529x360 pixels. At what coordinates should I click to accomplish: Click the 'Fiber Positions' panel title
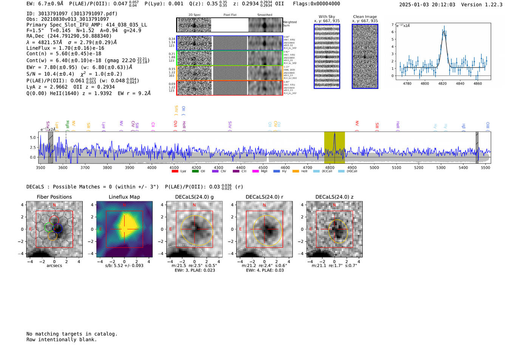pos(54,197)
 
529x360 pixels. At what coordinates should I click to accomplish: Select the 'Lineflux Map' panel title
pos(124,197)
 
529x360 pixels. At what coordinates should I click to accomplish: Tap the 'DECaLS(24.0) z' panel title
pos(334,197)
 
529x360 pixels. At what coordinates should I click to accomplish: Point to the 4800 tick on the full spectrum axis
pos(330,167)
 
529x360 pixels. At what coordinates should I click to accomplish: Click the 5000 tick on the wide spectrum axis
pos(374,167)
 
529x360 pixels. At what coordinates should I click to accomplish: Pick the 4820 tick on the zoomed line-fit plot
pos(442,83)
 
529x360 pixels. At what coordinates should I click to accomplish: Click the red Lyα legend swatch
pos(175,171)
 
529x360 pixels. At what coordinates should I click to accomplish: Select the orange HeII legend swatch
pos(295,171)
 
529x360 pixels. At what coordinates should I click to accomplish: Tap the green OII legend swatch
pos(195,171)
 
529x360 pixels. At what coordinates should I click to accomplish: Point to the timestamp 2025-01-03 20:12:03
pos(427,5)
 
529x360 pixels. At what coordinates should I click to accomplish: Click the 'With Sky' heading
pos(327,17)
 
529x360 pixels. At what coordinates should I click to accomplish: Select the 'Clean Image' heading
pos(365,17)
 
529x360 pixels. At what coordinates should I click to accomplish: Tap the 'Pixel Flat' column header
pos(230,15)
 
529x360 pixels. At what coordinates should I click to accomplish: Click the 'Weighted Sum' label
pos(289,23)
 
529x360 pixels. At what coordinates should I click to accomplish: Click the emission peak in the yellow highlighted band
pos(334,134)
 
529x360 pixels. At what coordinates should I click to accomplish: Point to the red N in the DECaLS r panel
pos(264,205)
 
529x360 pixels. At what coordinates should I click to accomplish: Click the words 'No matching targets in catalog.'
pos(72,334)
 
